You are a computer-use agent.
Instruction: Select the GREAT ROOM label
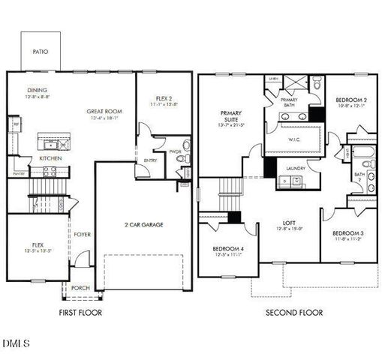click(104, 112)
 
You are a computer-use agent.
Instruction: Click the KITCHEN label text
click(29, 158)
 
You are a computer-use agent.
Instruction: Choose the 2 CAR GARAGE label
click(143, 224)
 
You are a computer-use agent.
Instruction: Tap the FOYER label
click(83, 235)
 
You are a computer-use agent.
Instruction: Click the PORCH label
click(80, 288)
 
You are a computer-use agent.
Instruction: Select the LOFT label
click(288, 223)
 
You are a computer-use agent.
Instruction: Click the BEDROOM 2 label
click(350, 100)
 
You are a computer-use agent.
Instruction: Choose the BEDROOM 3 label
click(348, 234)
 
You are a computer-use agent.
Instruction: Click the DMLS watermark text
click(16, 343)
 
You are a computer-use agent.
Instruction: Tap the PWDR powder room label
click(176, 151)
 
